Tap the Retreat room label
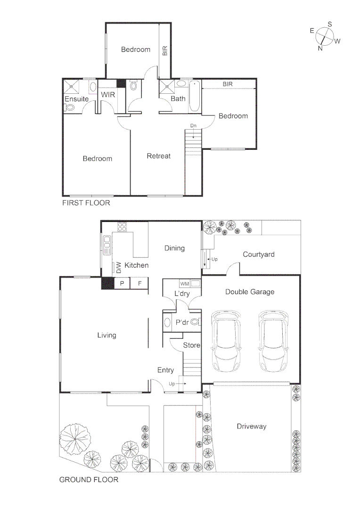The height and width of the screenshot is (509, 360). pyautogui.click(x=158, y=156)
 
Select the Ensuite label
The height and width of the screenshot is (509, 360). pyautogui.click(x=76, y=99)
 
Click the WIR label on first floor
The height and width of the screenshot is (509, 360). pyautogui.click(x=108, y=94)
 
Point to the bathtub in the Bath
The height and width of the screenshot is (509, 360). pyautogui.click(x=195, y=97)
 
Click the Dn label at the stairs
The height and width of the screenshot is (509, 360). pyautogui.click(x=193, y=125)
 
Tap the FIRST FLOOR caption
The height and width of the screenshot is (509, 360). pyautogui.click(x=86, y=203)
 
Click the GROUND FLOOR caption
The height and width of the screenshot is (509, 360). pyautogui.click(x=89, y=480)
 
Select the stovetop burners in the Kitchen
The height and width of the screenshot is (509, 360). pyautogui.click(x=123, y=227)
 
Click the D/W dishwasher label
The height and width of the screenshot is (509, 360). pyautogui.click(x=119, y=267)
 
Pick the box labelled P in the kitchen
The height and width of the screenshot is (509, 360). pyautogui.click(x=122, y=283)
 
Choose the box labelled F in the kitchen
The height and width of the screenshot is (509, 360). pyautogui.click(x=139, y=283)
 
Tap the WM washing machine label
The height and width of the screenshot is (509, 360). pyautogui.click(x=185, y=284)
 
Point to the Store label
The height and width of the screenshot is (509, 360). pyautogui.click(x=191, y=345)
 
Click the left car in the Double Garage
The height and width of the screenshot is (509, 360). pyautogui.click(x=228, y=341)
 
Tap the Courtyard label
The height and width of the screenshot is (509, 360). pyautogui.click(x=258, y=254)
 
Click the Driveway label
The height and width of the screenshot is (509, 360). pyautogui.click(x=251, y=427)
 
